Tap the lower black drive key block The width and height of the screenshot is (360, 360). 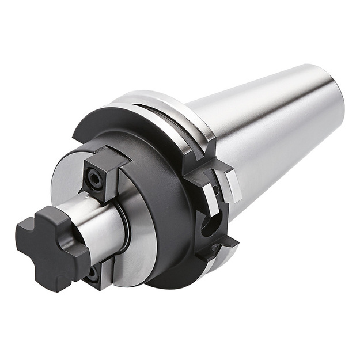click(98, 274)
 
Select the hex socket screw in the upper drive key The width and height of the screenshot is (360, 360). click(94, 179)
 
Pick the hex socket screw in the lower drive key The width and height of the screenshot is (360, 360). click(92, 274)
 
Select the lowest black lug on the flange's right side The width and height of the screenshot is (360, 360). click(222, 245)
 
